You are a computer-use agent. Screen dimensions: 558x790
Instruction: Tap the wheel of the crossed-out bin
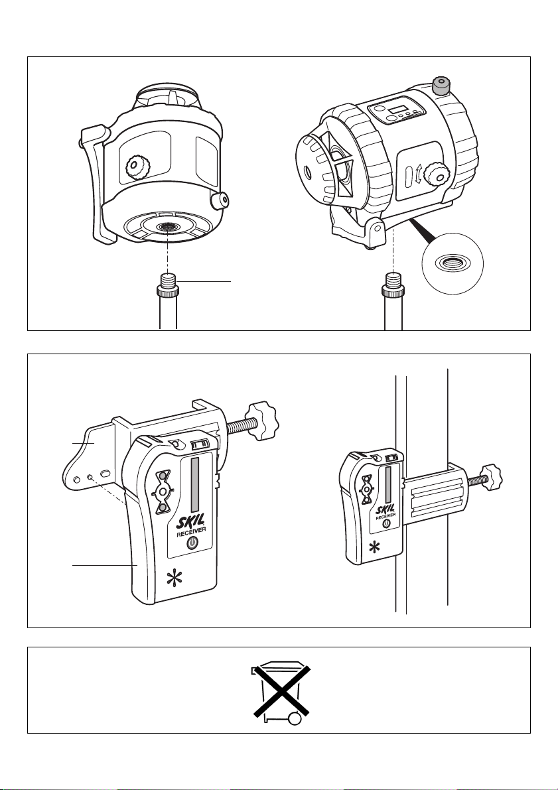[295, 719]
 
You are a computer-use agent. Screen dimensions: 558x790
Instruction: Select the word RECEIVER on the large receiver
[190, 533]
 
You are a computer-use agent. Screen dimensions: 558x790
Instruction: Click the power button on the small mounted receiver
[386, 523]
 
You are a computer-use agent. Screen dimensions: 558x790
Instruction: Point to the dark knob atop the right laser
[442, 86]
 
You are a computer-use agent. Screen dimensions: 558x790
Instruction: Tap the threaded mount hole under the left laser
[166, 228]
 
